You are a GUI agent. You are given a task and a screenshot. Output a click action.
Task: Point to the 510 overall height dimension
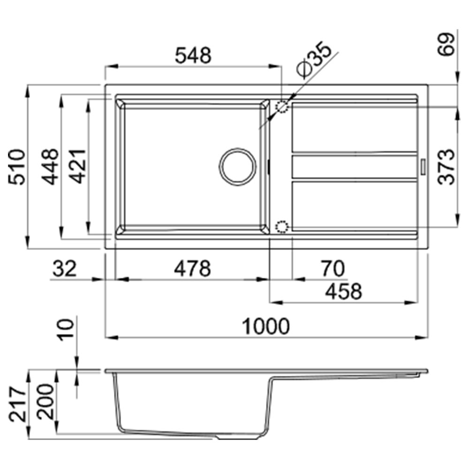17,166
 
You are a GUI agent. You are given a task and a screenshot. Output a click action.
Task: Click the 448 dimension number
50,166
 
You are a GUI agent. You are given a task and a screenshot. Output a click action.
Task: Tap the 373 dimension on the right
446,167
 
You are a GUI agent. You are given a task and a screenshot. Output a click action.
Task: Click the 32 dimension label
65,268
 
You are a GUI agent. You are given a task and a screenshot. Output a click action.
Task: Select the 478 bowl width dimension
192,268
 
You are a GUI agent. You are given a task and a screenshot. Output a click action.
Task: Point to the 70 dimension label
333,268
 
